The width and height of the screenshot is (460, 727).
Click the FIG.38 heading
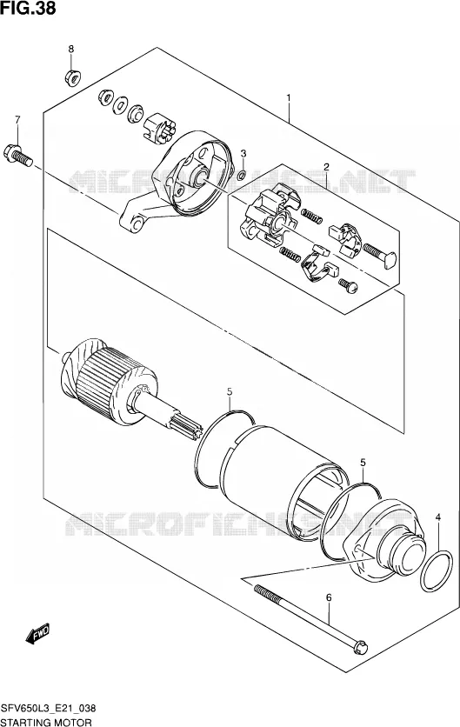coord(29,8)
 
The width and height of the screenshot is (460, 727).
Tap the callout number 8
coord(71,49)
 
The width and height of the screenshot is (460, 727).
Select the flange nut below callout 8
coord(71,77)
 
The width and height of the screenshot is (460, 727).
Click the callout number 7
coord(17,120)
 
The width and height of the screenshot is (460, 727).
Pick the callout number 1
coord(288,98)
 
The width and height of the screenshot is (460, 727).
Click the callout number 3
coord(243,153)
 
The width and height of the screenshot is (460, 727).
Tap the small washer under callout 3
coord(241,176)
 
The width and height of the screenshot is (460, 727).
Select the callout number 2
coord(326,167)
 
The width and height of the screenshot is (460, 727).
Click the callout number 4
coord(438,517)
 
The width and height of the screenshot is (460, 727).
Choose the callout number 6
coord(329,598)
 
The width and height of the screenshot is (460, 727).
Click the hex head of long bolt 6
coord(360,647)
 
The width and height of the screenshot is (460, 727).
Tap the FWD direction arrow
coord(38,633)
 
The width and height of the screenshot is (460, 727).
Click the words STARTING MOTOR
coord(46,722)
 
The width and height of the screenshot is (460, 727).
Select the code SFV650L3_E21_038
coord(49,708)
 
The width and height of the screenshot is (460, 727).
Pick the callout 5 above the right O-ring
coord(363,463)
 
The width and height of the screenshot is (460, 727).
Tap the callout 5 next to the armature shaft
coord(230,392)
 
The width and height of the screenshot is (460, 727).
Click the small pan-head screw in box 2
coord(348,285)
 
